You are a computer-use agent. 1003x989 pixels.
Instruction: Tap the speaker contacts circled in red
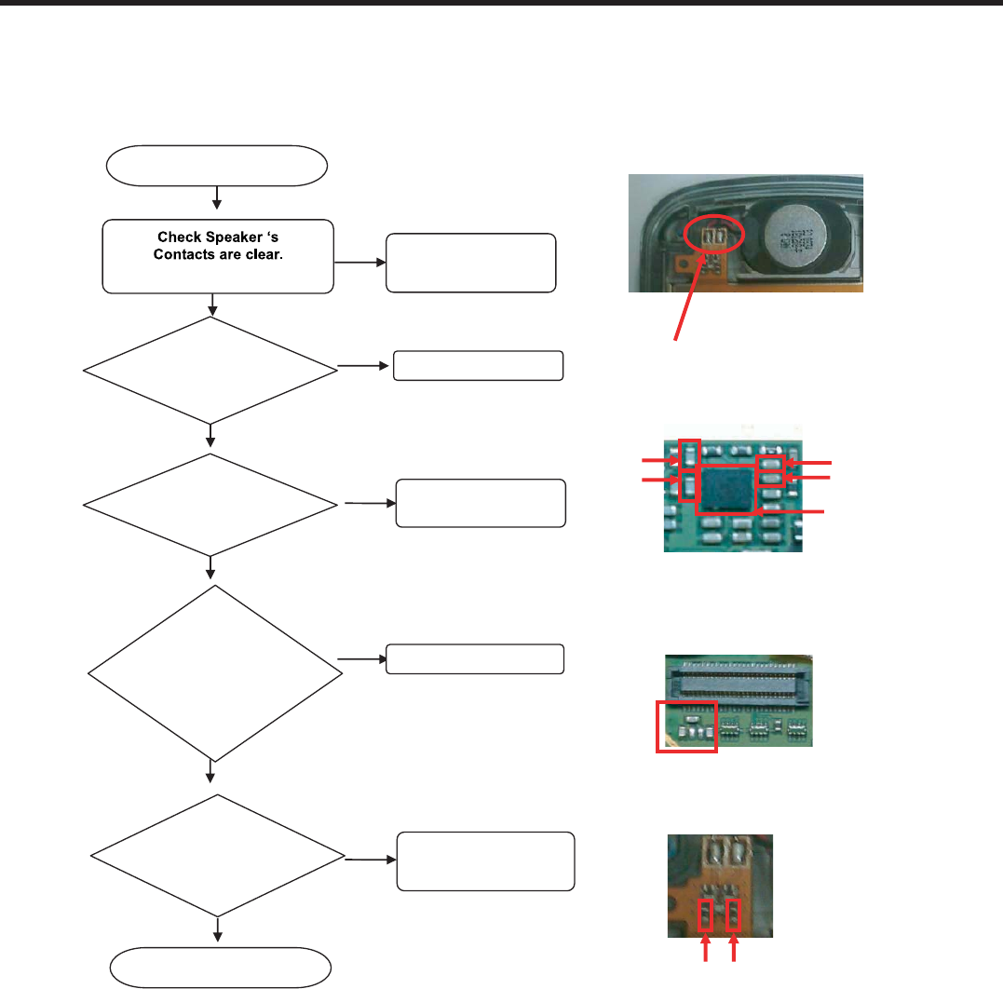point(714,236)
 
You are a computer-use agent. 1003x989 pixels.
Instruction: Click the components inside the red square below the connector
point(687,727)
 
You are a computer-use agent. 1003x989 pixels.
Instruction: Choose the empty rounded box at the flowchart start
point(217,167)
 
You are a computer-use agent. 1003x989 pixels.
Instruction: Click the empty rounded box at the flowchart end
point(221,967)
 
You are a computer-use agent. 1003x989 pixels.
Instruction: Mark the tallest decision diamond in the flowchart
point(213,672)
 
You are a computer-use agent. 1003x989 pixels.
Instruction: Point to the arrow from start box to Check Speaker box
point(217,197)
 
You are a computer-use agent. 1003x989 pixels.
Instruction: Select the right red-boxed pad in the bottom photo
point(736,917)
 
